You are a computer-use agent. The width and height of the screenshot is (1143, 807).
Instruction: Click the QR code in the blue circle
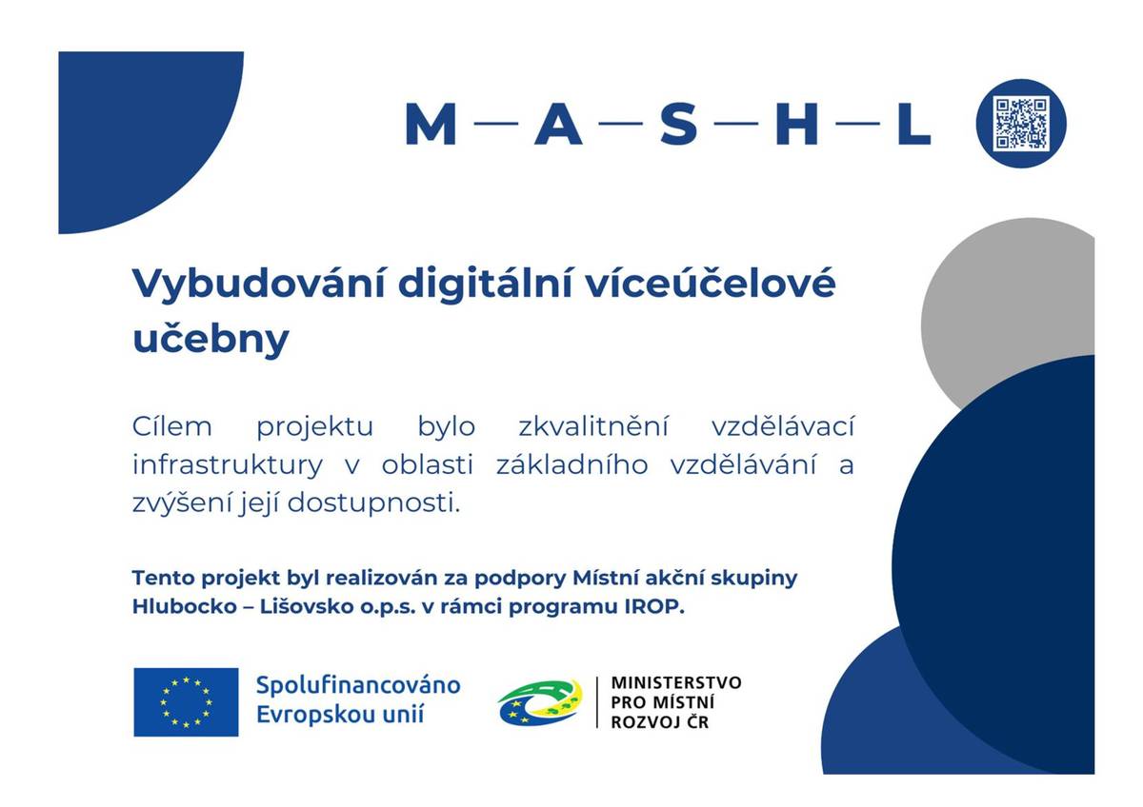(x=1021, y=124)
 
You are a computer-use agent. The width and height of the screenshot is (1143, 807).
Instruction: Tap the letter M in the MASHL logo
(x=431, y=125)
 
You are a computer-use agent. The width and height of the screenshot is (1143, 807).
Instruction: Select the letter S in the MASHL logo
(x=678, y=125)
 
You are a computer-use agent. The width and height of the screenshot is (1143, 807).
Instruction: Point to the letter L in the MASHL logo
(x=912, y=125)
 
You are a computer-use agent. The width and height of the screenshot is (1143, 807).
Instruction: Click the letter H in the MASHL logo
(x=796, y=125)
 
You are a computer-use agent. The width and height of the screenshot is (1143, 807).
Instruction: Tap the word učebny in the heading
(x=210, y=339)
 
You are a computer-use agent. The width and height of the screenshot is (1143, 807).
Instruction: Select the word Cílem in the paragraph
(x=171, y=427)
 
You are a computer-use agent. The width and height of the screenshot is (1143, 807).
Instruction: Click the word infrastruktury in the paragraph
(x=227, y=465)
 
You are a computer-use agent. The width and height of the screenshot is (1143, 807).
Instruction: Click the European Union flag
(x=186, y=702)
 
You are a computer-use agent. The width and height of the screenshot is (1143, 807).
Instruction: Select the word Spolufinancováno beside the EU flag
(x=358, y=685)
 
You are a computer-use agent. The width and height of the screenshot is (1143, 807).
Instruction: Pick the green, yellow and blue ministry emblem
(x=539, y=703)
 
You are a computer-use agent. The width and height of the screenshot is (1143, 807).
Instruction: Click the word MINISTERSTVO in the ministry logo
(x=675, y=683)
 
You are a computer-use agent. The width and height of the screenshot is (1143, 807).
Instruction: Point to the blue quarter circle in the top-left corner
(x=133, y=124)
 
